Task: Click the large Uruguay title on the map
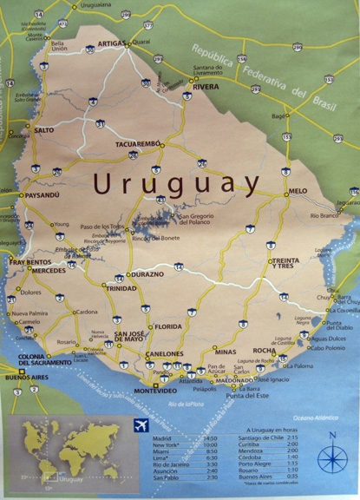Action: coord(176,184)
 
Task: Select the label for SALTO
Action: coord(43,130)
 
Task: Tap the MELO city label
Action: coord(298,190)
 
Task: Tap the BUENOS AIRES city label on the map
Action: coord(26,378)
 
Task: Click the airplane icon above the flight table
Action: coord(141,425)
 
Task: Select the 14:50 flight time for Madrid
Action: coord(209,438)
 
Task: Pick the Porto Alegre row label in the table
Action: coord(260,464)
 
